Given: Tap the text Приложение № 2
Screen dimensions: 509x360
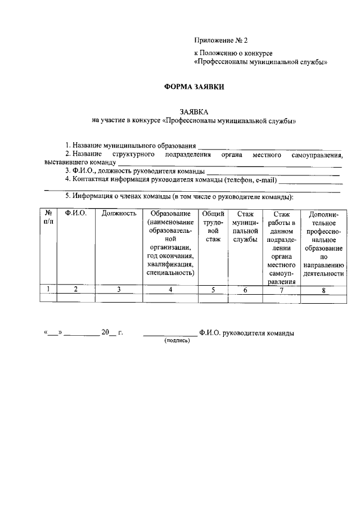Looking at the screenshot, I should coord(220,40).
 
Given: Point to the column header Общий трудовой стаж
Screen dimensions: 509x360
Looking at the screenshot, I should coord(213,227).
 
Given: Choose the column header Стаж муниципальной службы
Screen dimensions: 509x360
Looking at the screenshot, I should coord(245,227).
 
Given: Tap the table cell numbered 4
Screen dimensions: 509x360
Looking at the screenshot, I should coord(170,290).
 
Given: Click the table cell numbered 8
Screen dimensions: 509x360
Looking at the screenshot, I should coord(323,290).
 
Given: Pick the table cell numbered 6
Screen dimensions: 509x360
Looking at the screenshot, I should coord(245,290).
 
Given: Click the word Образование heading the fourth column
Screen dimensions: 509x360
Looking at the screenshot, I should coord(170,214).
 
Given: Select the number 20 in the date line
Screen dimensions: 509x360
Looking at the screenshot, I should coord(105,332).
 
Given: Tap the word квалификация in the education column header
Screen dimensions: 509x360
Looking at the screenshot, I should coord(170,264).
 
